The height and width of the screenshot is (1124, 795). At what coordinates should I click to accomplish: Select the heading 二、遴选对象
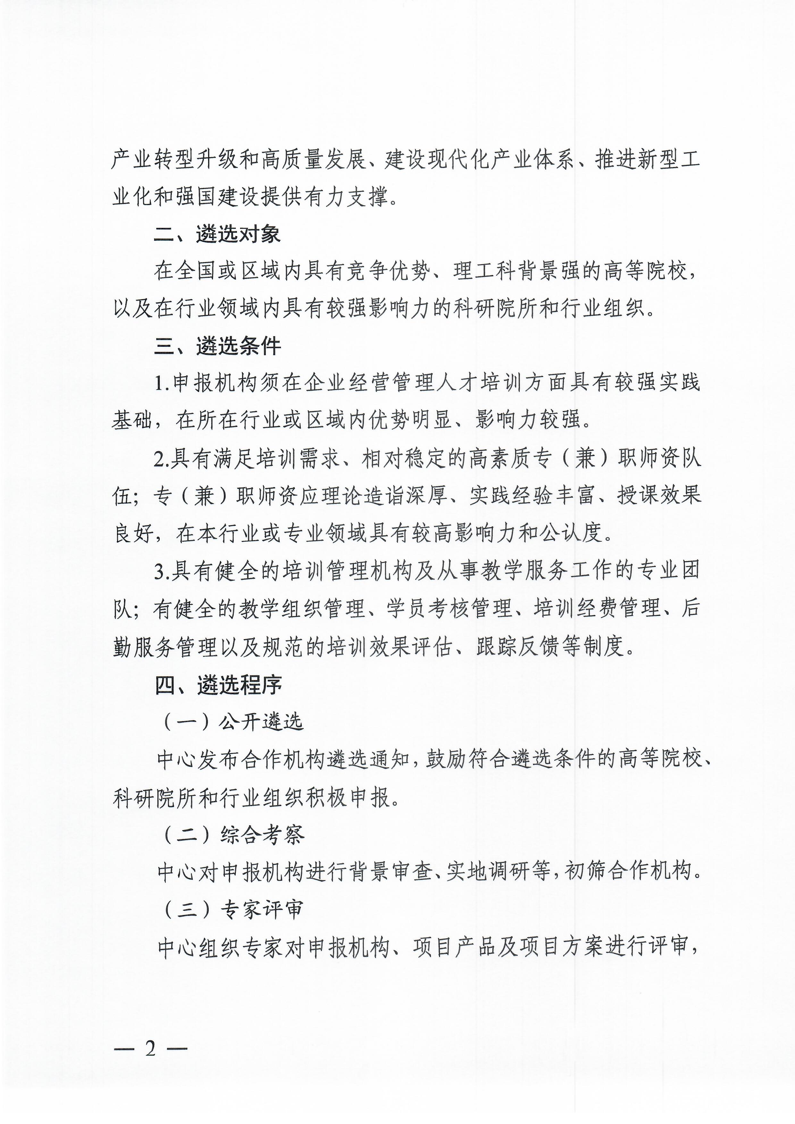[x=217, y=234]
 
